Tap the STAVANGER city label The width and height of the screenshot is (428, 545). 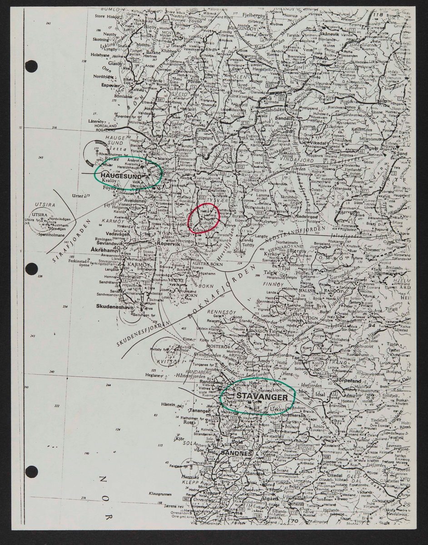pyautogui.click(x=262, y=397)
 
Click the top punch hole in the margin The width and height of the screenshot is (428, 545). pyautogui.click(x=31, y=66)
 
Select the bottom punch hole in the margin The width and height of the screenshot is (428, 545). pyautogui.click(x=31, y=471)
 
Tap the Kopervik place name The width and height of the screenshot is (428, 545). pyautogui.click(x=169, y=244)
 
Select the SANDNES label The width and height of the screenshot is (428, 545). pyautogui.click(x=236, y=453)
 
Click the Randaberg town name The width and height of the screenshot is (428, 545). pyautogui.click(x=210, y=382)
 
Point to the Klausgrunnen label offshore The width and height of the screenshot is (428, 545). pyautogui.click(x=159, y=494)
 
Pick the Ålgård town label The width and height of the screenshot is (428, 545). pyautogui.click(x=269, y=498)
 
